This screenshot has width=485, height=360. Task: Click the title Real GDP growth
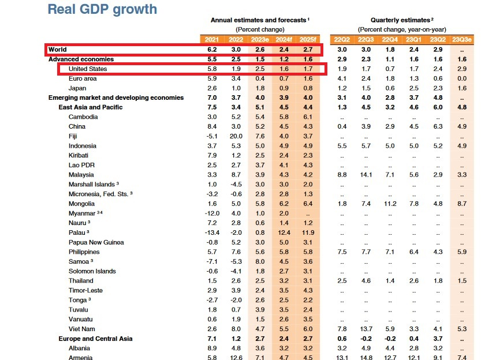tap(102, 9)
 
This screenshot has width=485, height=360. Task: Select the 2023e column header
tap(259, 39)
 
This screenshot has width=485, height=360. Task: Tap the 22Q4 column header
tap(390, 39)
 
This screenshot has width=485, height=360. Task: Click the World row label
tap(58, 50)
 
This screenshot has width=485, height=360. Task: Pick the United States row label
tap(88, 69)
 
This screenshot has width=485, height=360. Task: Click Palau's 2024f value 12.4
tap(283, 232)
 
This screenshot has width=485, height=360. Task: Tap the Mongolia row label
tap(81, 204)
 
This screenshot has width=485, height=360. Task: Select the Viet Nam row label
tap(81, 329)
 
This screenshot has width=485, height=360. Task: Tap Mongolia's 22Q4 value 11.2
tap(390, 204)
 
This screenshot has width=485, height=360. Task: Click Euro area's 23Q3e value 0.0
tap(461, 78)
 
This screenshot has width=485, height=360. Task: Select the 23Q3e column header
tap(461, 39)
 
